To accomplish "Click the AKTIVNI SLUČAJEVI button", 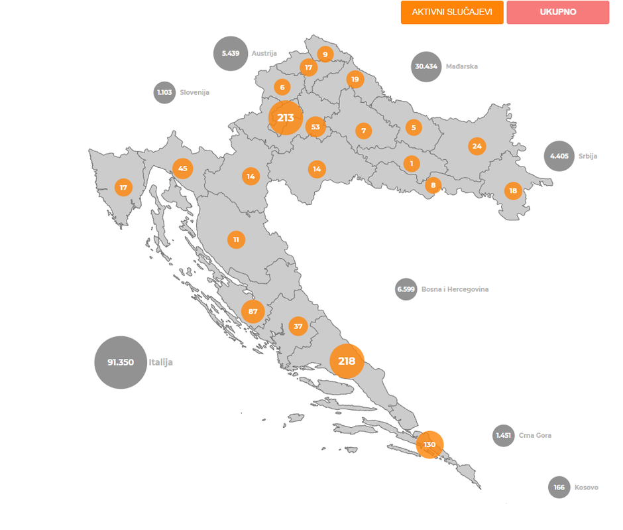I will tap(451, 12).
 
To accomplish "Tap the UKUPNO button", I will tap(557, 12).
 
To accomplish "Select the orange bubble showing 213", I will tap(286, 118).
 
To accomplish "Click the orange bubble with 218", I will tap(347, 362).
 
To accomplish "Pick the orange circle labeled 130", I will tap(429, 444).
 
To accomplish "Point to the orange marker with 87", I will tap(253, 311).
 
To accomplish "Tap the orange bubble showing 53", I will tap(315, 127).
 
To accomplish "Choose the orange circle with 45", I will tap(183, 168).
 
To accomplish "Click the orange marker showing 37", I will tap(298, 326).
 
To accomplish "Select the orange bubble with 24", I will tap(477, 146).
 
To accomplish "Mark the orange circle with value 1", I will tap(412, 163).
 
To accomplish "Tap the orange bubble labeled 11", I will tap(236, 239).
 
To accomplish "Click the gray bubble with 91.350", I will tap(121, 362).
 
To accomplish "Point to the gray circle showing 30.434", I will tap(426, 66).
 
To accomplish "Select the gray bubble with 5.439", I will tap(231, 53).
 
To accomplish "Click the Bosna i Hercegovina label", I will tap(455, 290).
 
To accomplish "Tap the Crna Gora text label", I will tap(535, 436).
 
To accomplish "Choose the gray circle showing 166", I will tap(559, 488).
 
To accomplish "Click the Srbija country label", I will tap(587, 157).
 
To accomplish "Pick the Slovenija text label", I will tap(194, 93).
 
